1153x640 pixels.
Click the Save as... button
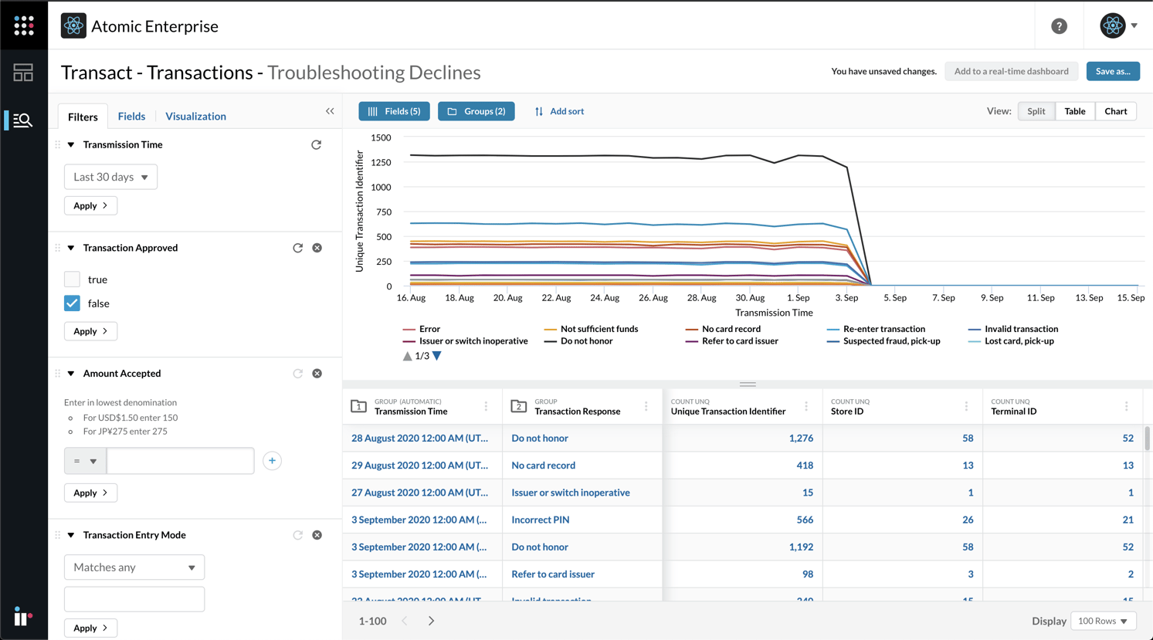point(1112,71)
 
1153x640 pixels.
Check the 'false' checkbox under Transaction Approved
point(72,303)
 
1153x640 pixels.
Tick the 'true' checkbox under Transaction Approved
point(72,279)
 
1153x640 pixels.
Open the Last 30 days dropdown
point(110,177)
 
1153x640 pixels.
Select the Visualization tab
point(195,116)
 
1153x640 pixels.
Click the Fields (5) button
point(394,111)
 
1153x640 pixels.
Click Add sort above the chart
point(559,111)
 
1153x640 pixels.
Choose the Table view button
point(1074,111)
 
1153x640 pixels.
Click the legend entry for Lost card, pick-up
point(1018,341)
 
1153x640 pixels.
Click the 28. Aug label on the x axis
point(701,298)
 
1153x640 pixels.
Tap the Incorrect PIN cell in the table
point(540,520)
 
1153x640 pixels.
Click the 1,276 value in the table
point(800,438)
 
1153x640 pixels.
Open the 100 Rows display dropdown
point(1103,621)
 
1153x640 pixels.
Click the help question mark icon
point(1059,26)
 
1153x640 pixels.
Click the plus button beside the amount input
point(272,461)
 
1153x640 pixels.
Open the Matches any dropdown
point(134,567)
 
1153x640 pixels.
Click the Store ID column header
point(847,411)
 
